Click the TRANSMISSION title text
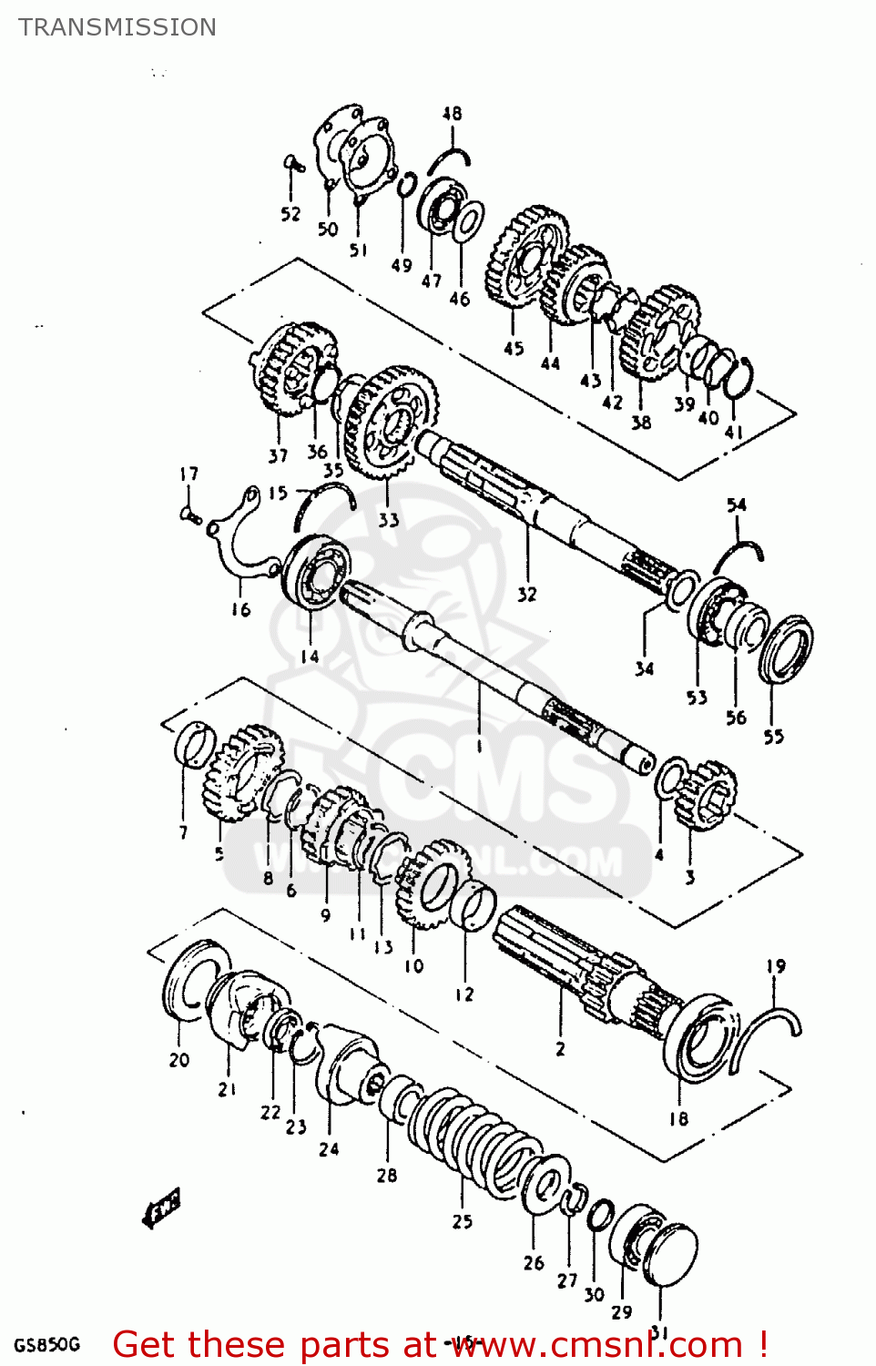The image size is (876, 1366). [x=117, y=27]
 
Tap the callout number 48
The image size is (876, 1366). [x=452, y=114]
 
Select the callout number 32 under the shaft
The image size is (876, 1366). [x=527, y=595]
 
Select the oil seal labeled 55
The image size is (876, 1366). [x=785, y=648]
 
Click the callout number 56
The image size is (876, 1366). [x=736, y=718]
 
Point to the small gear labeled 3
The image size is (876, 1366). [x=707, y=794]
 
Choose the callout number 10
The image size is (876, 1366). [x=414, y=965]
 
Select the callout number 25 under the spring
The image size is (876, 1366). [x=463, y=1221]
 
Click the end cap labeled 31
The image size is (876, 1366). [x=671, y=1255]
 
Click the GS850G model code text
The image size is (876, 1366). [x=46, y=1344]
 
